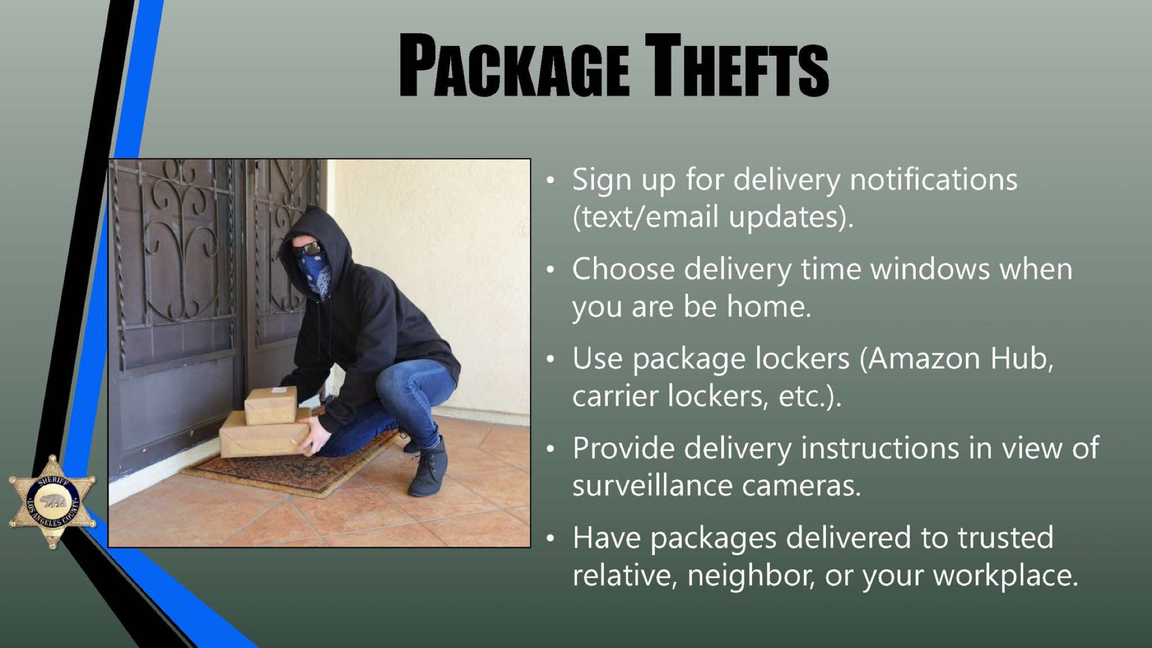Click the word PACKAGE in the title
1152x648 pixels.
pos(514,66)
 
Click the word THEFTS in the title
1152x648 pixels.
pos(737,66)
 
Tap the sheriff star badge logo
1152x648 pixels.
pos(52,501)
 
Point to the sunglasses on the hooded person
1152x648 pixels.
pos(307,248)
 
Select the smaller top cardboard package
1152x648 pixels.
pos(271,405)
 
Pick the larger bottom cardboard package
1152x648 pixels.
pos(264,434)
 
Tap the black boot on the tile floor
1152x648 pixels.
pos(429,468)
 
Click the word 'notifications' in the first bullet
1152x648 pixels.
pos(933,180)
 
